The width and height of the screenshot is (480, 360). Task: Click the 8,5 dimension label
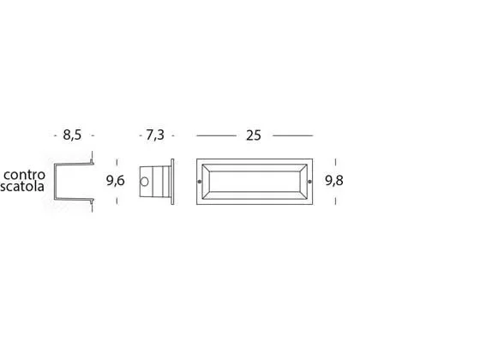[72, 135]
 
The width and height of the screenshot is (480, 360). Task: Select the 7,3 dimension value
[155, 135]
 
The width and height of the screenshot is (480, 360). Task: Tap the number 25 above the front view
[254, 135]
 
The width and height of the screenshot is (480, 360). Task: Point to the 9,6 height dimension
[116, 180]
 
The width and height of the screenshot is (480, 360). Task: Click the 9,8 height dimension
[334, 180]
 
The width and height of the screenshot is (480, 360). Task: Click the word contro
[25, 175]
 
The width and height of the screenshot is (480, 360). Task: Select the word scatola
[22, 187]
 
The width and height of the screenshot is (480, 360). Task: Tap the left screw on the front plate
[200, 182]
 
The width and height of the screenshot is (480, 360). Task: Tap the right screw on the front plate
[309, 182]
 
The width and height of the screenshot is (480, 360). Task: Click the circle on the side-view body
[144, 182]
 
